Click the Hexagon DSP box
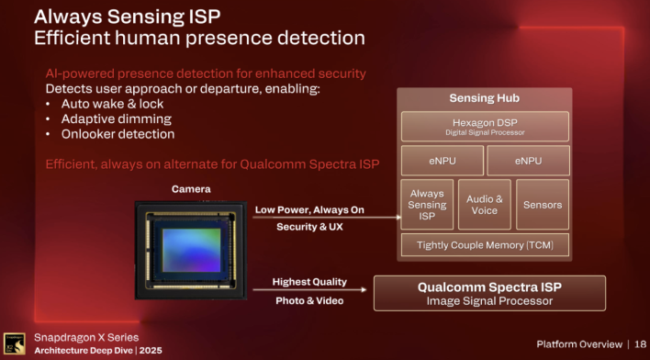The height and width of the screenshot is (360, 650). click(484, 127)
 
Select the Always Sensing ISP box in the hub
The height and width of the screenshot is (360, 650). click(427, 204)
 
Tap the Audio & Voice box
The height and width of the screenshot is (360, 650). click(484, 204)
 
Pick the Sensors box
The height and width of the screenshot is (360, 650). click(542, 204)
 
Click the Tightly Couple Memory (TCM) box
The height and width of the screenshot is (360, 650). click(484, 244)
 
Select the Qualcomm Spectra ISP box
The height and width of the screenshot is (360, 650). click(489, 293)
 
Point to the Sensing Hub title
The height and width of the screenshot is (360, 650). click(484, 98)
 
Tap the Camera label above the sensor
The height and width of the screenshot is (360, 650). click(192, 189)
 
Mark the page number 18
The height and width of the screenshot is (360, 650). click(638, 343)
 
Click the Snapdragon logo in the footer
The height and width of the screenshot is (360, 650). click(15, 343)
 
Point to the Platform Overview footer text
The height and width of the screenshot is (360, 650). click(578, 343)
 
